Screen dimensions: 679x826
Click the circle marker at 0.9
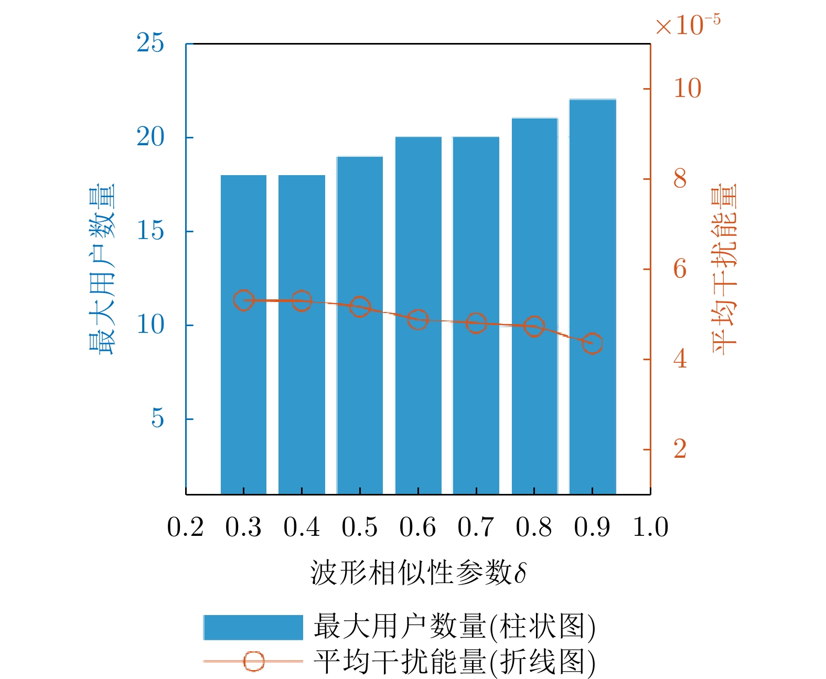pos(592,343)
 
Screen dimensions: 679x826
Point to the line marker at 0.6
pos(418,319)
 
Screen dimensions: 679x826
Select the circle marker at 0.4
pos(302,300)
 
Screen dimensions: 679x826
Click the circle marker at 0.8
pos(534,326)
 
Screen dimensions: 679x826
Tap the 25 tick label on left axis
pos(150,43)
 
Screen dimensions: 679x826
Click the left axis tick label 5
pos(157,418)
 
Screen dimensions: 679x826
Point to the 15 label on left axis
pos(150,231)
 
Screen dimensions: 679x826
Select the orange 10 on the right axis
pos(687,88)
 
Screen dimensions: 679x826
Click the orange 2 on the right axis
pos(680,449)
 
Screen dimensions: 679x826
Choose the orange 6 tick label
pos(680,269)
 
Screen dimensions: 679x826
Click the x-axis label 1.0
pos(650,527)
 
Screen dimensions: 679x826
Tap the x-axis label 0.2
pos(185,527)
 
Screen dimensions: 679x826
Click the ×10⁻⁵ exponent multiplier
pos(688,24)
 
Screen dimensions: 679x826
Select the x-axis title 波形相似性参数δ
pos(418,572)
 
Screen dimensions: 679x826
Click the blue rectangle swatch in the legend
pos(253,627)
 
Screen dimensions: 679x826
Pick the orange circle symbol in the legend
pos(254,661)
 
